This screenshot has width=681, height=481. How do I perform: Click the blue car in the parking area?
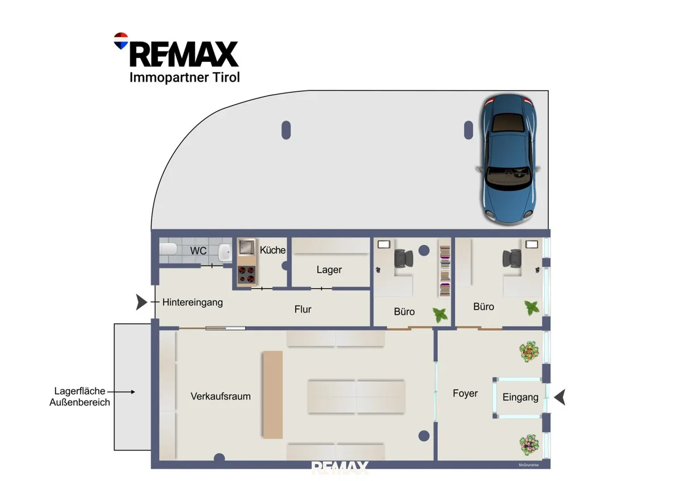(508, 159)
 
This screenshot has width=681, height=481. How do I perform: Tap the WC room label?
(198, 251)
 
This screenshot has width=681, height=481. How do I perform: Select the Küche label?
(272, 250)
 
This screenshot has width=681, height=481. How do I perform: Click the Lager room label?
(329, 270)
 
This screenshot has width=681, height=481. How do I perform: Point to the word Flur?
(303, 309)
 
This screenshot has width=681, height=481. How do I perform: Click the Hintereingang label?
(192, 302)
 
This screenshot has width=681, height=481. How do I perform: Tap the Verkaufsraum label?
(220, 396)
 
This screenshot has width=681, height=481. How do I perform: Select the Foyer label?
(465, 394)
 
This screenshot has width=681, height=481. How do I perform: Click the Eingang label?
(520, 398)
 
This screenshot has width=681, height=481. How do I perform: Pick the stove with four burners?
(246, 275)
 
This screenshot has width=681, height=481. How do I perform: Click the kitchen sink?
(246, 247)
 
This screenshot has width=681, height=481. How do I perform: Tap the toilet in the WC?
(168, 249)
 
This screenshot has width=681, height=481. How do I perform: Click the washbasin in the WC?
(225, 252)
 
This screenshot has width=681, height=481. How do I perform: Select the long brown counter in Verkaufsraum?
(273, 395)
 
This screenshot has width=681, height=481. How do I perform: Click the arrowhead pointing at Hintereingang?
(141, 302)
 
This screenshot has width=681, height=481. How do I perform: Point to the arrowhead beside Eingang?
(560, 397)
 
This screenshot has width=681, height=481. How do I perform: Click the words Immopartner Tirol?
(184, 78)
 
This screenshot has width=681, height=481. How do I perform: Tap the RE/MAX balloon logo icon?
(121, 41)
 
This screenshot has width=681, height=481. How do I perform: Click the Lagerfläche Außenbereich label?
(79, 396)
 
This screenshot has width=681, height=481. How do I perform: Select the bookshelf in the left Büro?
(445, 271)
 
